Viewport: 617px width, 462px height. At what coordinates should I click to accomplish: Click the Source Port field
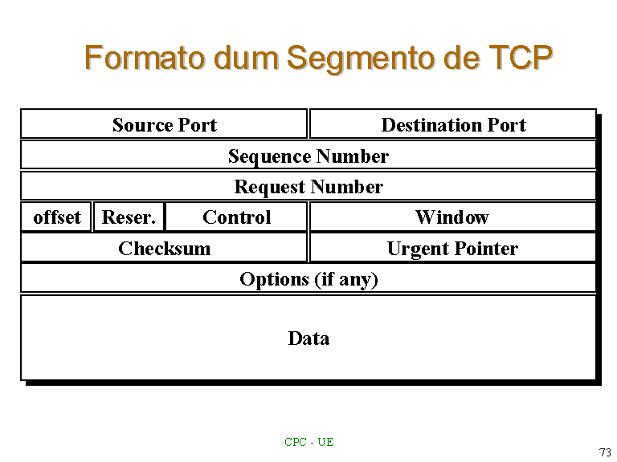pyautogui.click(x=164, y=124)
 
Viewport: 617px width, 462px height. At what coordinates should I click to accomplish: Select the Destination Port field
pyautogui.click(x=453, y=124)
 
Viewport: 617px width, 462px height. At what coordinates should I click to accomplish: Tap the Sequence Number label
pyautogui.click(x=308, y=156)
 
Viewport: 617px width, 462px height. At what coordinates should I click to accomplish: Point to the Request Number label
pyautogui.click(x=308, y=187)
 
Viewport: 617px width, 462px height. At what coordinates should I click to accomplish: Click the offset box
pyautogui.click(x=56, y=217)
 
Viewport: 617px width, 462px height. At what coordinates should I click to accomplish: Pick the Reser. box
pyautogui.click(x=129, y=217)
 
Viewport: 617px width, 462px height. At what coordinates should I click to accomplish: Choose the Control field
pyautogui.click(x=236, y=217)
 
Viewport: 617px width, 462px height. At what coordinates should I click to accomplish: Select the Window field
pyautogui.click(x=453, y=217)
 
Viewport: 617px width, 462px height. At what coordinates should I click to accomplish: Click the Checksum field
pyautogui.click(x=164, y=248)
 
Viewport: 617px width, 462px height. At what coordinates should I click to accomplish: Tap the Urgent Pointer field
pyautogui.click(x=453, y=248)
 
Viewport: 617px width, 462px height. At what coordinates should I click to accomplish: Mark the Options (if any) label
pyautogui.click(x=308, y=279)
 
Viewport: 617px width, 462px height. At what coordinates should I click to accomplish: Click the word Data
pyautogui.click(x=308, y=338)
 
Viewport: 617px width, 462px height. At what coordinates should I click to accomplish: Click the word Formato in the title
pyautogui.click(x=145, y=58)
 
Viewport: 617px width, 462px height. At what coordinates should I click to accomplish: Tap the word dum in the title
pyautogui.click(x=246, y=58)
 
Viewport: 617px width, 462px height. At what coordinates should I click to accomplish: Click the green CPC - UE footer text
pyautogui.click(x=308, y=442)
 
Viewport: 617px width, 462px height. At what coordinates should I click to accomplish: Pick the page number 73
pyautogui.click(x=605, y=452)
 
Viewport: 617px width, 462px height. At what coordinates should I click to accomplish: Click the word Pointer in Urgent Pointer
pyautogui.click(x=486, y=249)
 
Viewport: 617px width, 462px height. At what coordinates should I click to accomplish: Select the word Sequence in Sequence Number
pyautogui.click(x=270, y=156)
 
